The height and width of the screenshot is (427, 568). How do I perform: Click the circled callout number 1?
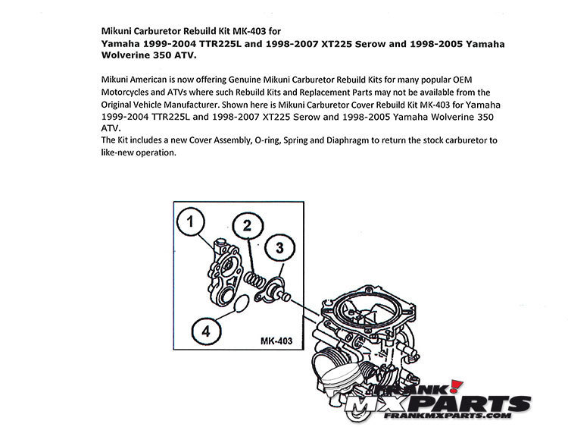[x=192, y=222]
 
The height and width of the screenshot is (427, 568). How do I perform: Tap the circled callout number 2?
[x=247, y=225]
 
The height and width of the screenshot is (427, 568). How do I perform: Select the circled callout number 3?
[x=279, y=247]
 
